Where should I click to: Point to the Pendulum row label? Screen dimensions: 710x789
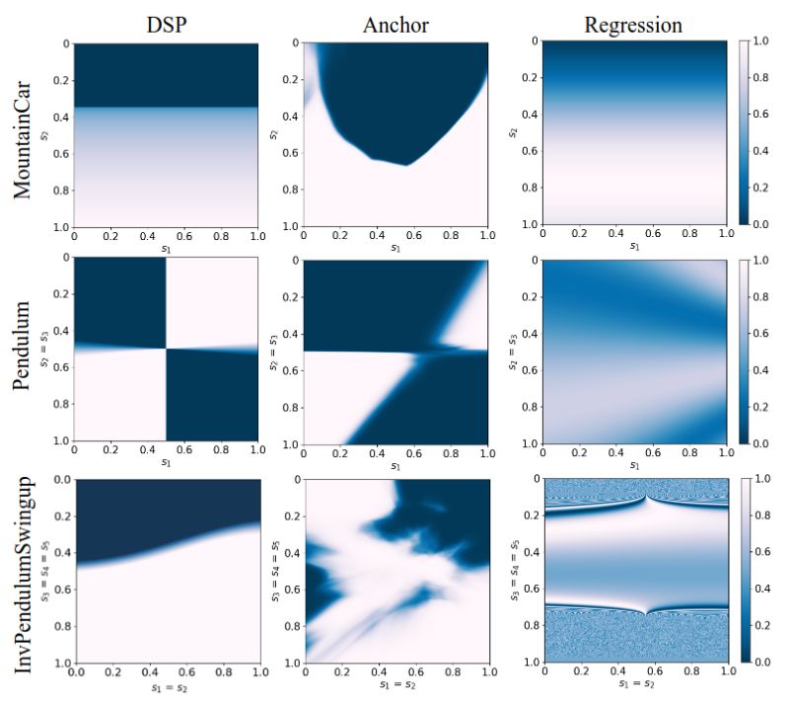tap(28, 348)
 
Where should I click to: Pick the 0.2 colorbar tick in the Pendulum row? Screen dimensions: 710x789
tap(765, 406)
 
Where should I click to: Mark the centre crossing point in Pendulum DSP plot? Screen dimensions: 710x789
tap(165, 348)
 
